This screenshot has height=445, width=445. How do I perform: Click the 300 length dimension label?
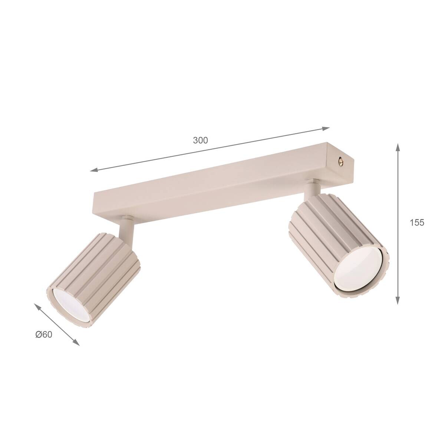200,140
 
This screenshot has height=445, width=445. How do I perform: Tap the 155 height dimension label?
417,222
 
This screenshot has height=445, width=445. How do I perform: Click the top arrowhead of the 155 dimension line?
398,147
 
